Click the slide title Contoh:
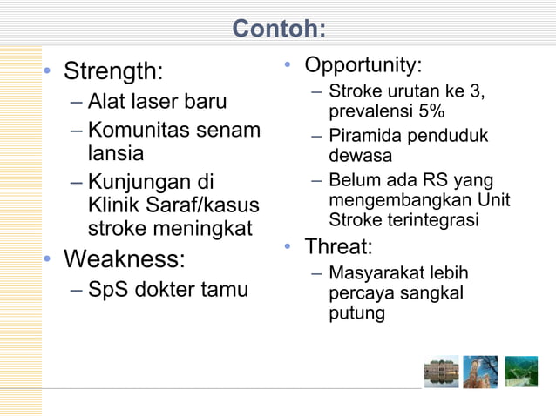pyautogui.click(x=278, y=30)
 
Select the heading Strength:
pyautogui.click(x=113, y=69)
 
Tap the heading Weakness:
pyautogui.click(x=124, y=259)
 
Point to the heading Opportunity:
pyautogui.click(x=363, y=65)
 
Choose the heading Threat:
pyautogui.click(x=338, y=246)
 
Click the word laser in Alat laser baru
pyautogui.click(x=153, y=102)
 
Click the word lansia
pyautogui.click(x=116, y=154)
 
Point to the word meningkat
pyautogui.click(x=202, y=230)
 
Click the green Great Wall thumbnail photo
pyautogui.click(x=521, y=371)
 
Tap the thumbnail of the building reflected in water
pyautogui.click(x=441, y=371)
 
